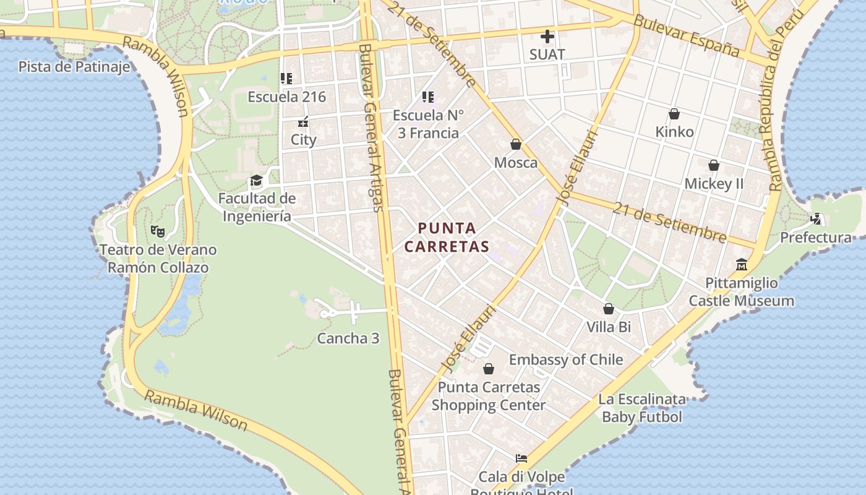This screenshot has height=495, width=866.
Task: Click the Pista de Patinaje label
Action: (x=74, y=66)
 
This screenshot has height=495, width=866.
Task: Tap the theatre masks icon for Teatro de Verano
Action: (x=158, y=231)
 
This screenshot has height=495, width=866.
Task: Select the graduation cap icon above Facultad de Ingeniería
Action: (x=256, y=181)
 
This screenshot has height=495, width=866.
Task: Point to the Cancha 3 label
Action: (x=348, y=338)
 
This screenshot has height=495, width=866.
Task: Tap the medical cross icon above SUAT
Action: (x=547, y=37)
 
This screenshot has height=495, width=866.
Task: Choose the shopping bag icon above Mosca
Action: (x=516, y=144)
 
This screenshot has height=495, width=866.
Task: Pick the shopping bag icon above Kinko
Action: (x=674, y=114)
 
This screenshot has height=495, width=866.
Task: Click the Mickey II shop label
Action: (x=714, y=184)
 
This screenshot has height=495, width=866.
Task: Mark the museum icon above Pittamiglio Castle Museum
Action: (x=742, y=265)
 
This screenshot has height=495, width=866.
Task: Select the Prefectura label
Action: (x=815, y=238)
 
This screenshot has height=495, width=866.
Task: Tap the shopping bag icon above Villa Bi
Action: (x=609, y=309)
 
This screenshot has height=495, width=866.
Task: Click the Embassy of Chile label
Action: (x=566, y=359)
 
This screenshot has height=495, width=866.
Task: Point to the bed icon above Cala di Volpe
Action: (x=521, y=458)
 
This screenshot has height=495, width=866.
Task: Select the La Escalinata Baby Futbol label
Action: (x=642, y=408)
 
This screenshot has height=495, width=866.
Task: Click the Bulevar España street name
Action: (x=687, y=36)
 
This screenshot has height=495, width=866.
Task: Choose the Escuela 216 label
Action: (x=286, y=97)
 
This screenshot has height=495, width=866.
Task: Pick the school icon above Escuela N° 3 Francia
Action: (x=427, y=97)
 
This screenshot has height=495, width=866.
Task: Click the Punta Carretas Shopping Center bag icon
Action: (x=489, y=369)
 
